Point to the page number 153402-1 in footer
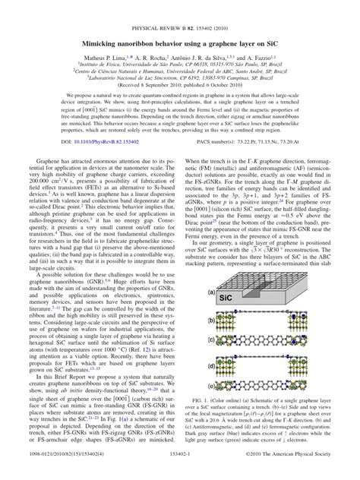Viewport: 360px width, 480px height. pyautogui.click(x=180, y=472)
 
